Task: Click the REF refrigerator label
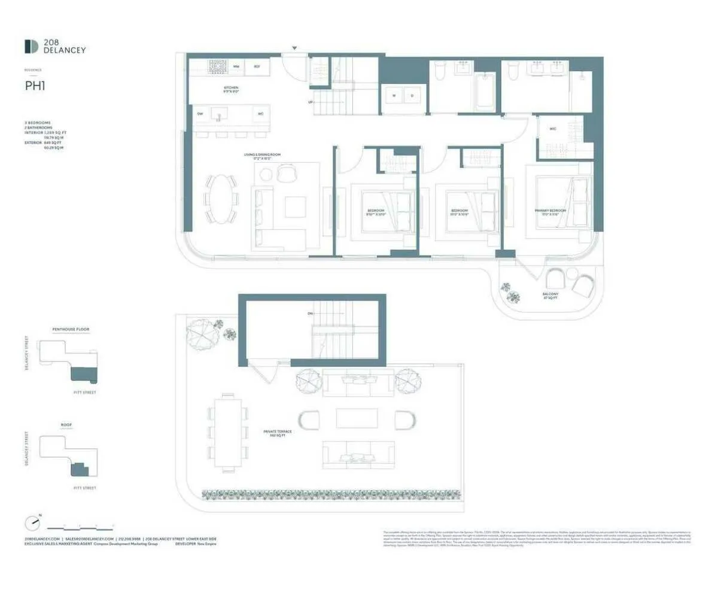coord(257,66)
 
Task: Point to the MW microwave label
coord(236,66)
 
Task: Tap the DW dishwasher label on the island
coord(200,113)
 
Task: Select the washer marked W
coord(394,95)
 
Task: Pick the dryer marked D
coord(412,95)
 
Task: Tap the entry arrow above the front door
coord(294,48)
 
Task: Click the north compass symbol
coord(33,522)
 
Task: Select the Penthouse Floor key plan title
coord(71,329)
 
